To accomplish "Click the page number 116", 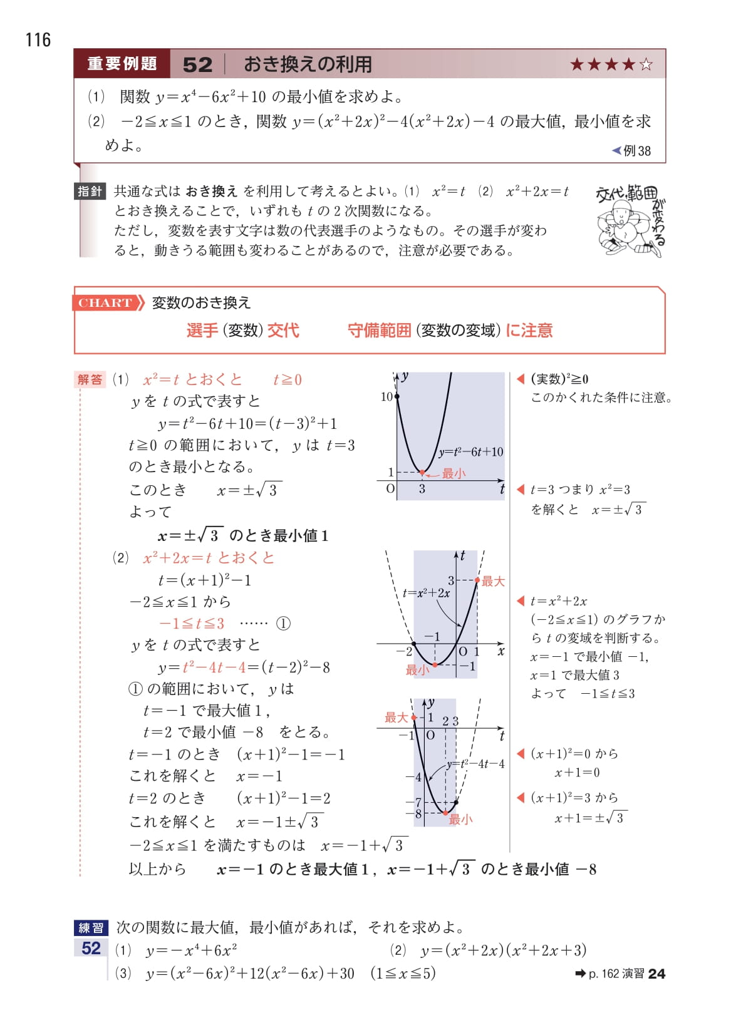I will pyautogui.click(x=38, y=40).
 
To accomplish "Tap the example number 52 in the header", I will pyautogui.click(x=197, y=64).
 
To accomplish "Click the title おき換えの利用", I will pyautogui.click(x=308, y=64).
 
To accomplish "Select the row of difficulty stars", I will pyautogui.click(x=611, y=64).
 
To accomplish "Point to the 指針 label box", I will pyautogui.click(x=90, y=192).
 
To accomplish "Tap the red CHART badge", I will pyautogui.click(x=105, y=303).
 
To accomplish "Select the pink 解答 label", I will pyautogui.click(x=90, y=379).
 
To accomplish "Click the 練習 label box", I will pyautogui.click(x=91, y=927).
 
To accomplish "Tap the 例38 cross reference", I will pyautogui.click(x=632, y=151).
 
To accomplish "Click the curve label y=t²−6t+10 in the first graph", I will pyautogui.click(x=470, y=452).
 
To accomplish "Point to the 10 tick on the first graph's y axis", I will pyautogui.click(x=386, y=397).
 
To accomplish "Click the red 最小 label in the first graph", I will pyautogui.click(x=454, y=473).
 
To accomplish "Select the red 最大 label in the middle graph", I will pyautogui.click(x=493, y=581).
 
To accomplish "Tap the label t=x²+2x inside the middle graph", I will pyautogui.click(x=426, y=593).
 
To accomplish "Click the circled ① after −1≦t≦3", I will pyautogui.click(x=283, y=624).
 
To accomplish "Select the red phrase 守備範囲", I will pyautogui.click(x=379, y=331).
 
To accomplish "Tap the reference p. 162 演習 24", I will pyautogui.click(x=620, y=974).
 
